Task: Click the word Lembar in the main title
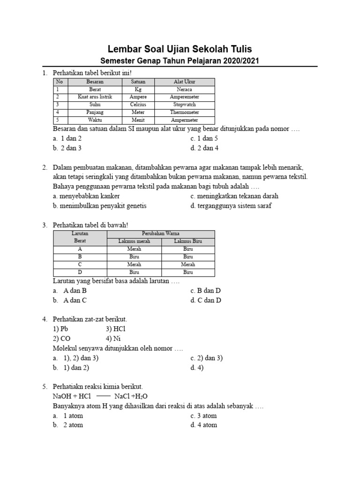pyautogui.click(x=125, y=49)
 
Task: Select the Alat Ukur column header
pyautogui.click(x=184, y=82)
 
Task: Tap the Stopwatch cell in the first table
pyautogui.click(x=184, y=105)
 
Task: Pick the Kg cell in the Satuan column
pyautogui.click(x=138, y=89)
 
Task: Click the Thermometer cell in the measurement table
pyautogui.click(x=184, y=112)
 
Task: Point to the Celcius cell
pyautogui.click(x=138, y=105)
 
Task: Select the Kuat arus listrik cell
pyautogui.click(x=95, y=97)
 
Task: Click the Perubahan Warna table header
pyautogui.click(x=161, y=233)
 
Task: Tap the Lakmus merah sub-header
pyautogui.click(x=134, y=241)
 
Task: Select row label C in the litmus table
pyautogui.click(x=80, y=265)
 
